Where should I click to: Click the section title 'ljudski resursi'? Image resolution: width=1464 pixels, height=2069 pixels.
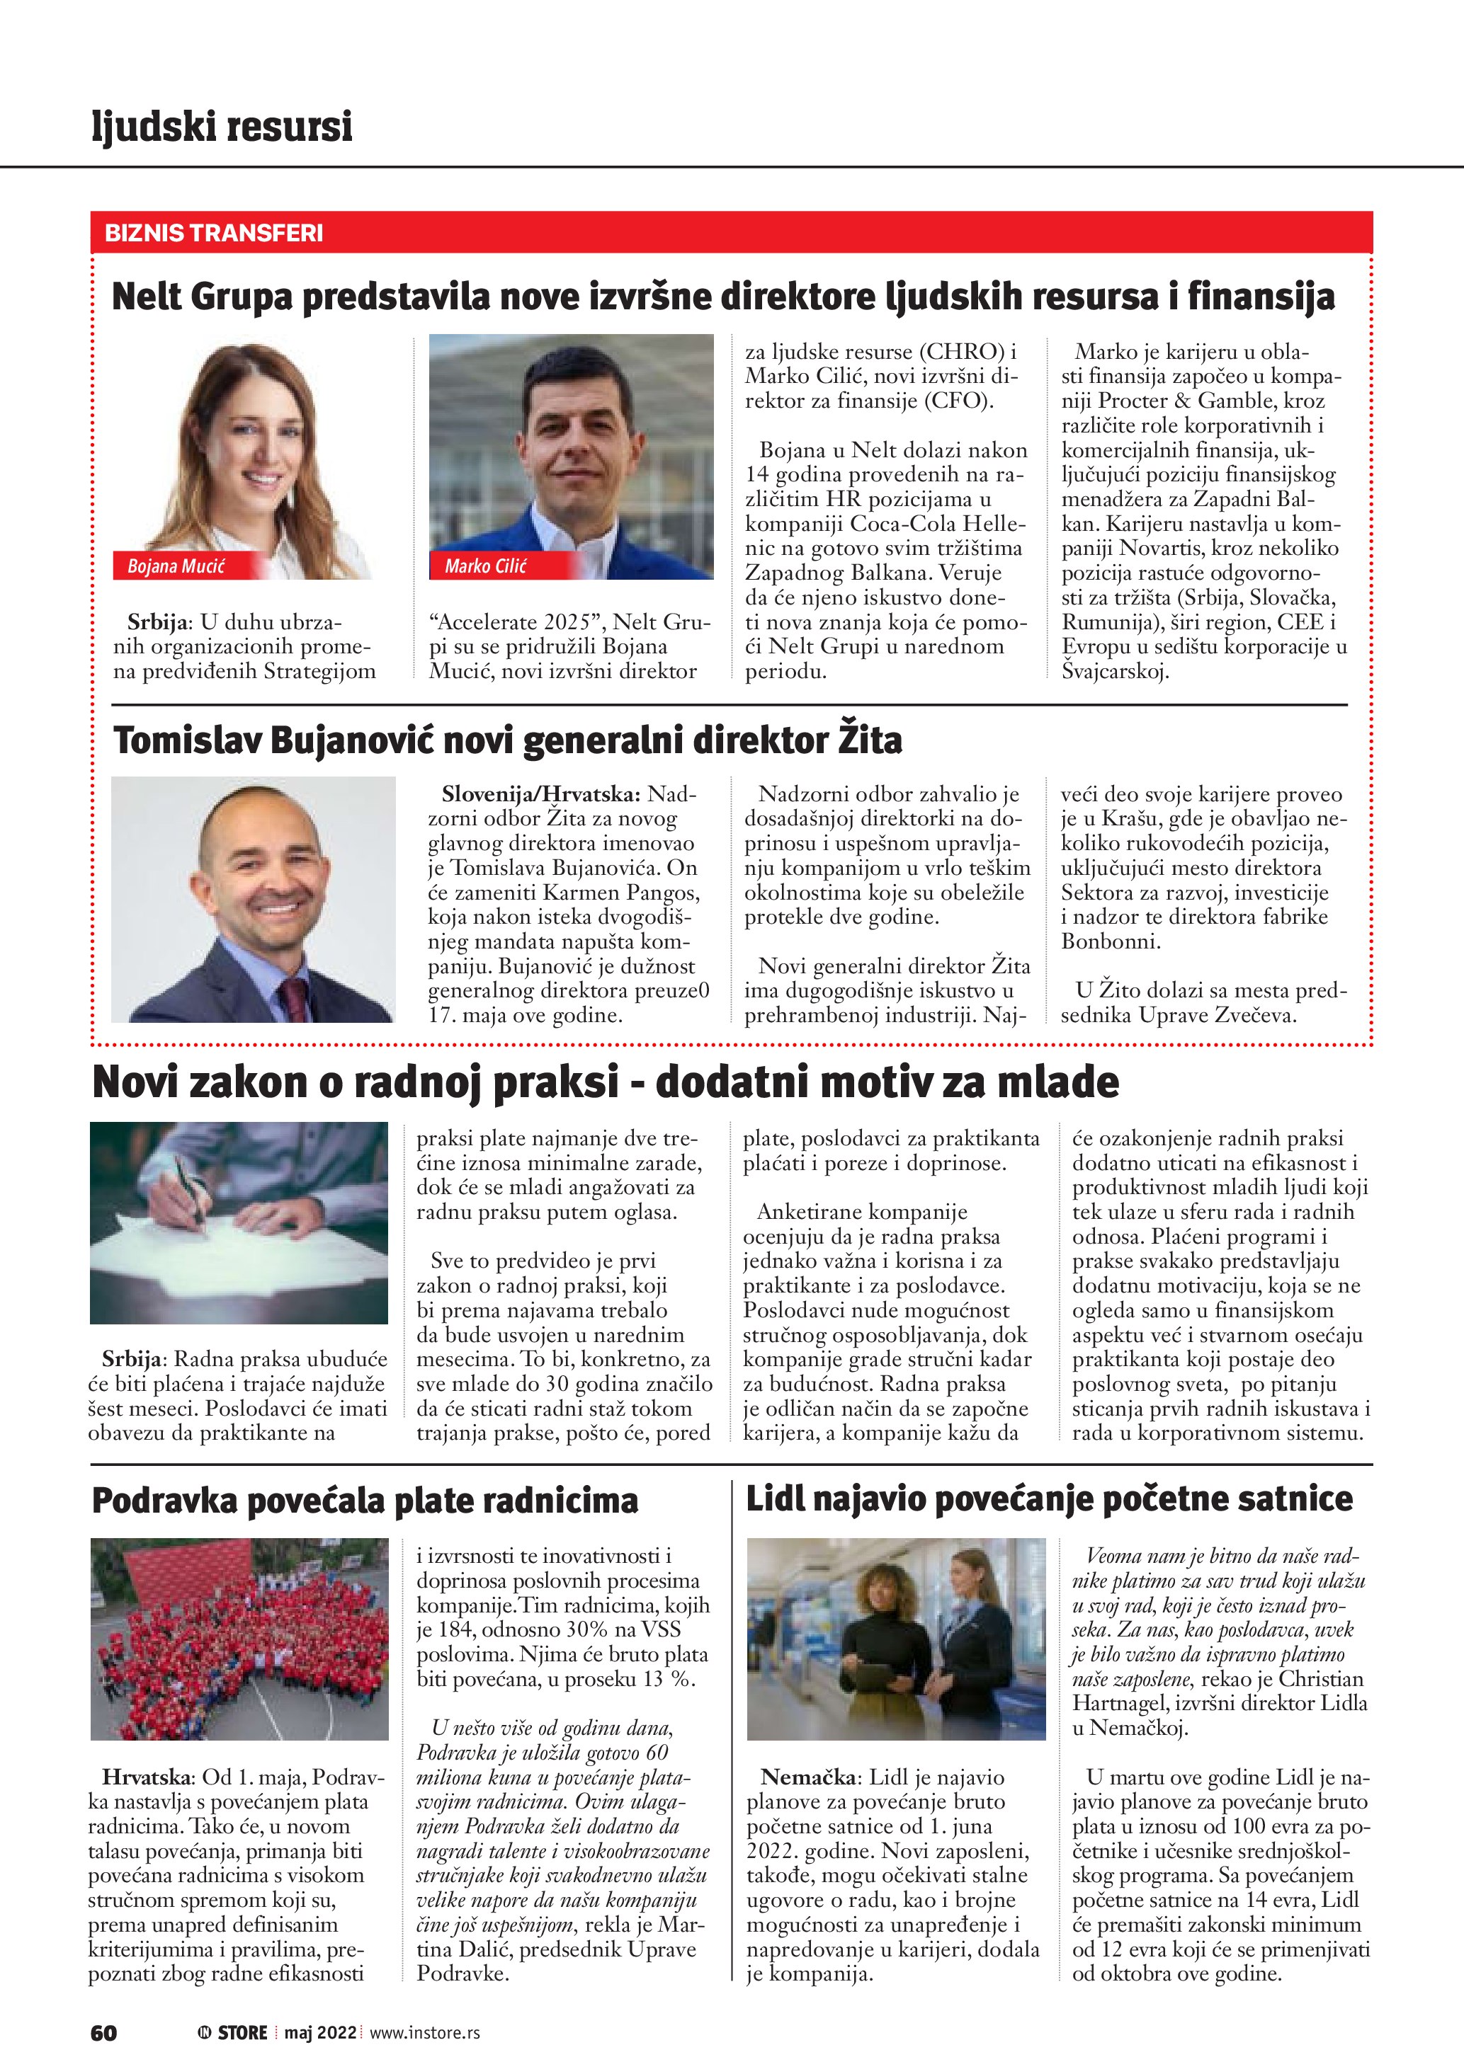coord(222,126)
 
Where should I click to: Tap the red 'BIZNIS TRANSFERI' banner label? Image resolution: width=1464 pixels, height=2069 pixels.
coord(214,234)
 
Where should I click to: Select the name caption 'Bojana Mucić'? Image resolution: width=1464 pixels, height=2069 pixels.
coord(176,566)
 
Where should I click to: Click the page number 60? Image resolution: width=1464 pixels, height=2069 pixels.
coord(103,2032)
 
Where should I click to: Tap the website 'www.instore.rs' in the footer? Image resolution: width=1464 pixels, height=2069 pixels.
coord(424,2032)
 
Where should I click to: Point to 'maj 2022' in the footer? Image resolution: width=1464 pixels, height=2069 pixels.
coord(321,2032)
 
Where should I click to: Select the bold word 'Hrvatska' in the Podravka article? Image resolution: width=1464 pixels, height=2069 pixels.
coord(146,1777)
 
